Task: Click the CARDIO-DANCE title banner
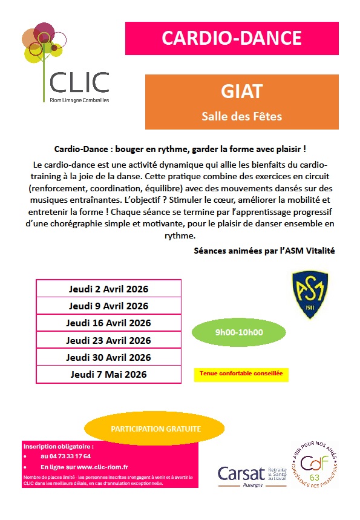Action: pyautogui.click(x=232, y=38)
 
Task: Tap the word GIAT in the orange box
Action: pyautogui.click(x=241, y=92)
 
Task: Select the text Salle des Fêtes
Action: pyautogui.click(x=241, y=116)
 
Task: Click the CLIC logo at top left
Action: pyautogui.click(x=67, y=64)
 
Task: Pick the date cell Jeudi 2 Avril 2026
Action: pyautogui.click(x=108, y=289)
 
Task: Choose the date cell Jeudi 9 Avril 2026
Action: pyautogui.click(x=108, y=306)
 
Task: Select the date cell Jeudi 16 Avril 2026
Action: pyautogui.click(x=108, y=323)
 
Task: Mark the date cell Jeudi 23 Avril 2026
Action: pyautogui.click(x=108, y=340)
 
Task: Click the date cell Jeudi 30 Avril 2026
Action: pyautogui.click(x=108, y=357)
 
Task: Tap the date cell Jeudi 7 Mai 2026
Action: pyautogui.click(x=108, y=374)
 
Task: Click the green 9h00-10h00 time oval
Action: pyautogui.click(x=239, y=332)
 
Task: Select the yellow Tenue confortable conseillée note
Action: pyautogui.click(x=241, y=374)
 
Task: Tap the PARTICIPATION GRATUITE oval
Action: pyautogui.click(x=155, y=429)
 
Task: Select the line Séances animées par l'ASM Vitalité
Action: pyautogui.click(x=264, y=250)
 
